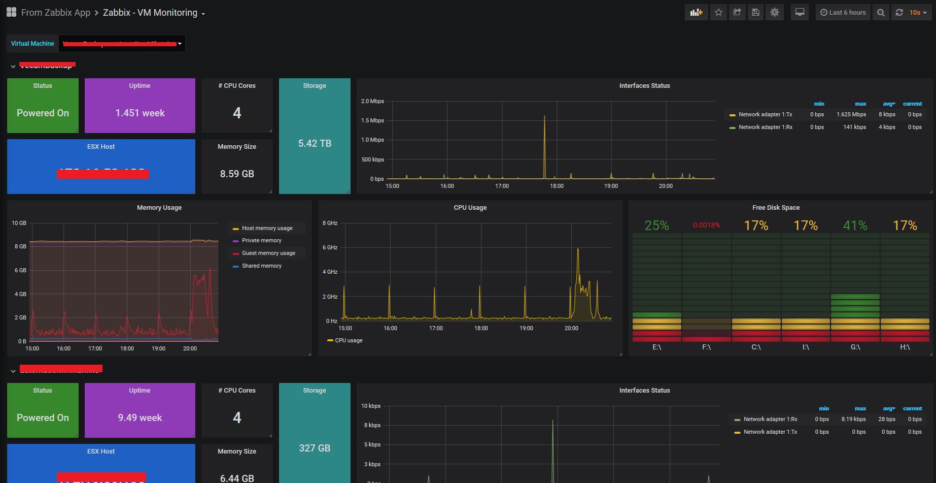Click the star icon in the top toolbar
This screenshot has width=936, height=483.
point(718,13)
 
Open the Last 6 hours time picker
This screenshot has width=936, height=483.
point(843,13)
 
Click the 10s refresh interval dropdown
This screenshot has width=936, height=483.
point(917,13)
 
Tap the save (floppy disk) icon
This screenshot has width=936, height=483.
point(755,13)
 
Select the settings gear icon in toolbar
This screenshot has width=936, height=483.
point(774,13)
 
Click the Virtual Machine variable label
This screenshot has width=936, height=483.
point(32,44)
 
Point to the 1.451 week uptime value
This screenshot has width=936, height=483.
point(140,113)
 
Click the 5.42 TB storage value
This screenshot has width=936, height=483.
point(315,144)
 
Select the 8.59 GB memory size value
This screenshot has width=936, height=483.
point(237,174)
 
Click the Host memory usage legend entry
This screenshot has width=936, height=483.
point(267,229)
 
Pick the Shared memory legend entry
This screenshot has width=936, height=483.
point(261,266)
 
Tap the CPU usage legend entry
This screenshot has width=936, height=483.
point(349,341)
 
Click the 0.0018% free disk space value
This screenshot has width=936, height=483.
point(707,226)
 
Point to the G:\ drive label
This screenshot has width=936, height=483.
point(855,347)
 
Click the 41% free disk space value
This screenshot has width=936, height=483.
point(855,226)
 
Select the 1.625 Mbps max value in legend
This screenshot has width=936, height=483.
point(851,115)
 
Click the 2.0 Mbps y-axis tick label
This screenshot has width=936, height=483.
point(372,102)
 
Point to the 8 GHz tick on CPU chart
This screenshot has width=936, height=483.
point(330,223)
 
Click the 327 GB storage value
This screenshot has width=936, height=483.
point(315,448)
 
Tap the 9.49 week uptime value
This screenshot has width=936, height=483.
point(140,418)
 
